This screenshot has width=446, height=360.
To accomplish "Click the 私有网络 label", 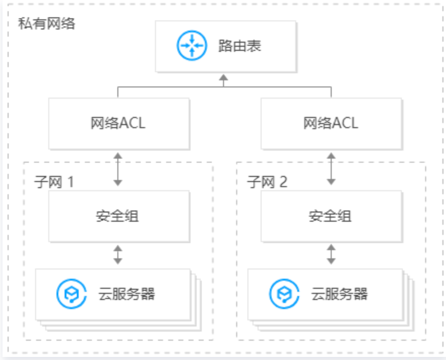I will pyautogui.click(x=46, y=23).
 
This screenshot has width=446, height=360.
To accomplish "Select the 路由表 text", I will pyautogui.click(x=239, y=46).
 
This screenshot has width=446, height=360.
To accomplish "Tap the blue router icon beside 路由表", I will pyautogui.click(x=191, y=46).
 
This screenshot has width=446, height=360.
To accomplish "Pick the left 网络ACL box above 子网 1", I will pyautogui.click(x=119, y=123).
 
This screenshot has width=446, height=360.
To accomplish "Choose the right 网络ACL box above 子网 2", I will pyautogui.click(x=331, y=123).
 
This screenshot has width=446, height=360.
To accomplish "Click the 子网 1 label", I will pyautogui.click(x=54, y=182).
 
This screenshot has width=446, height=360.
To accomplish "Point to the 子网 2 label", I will pyautogui.click(x=267, y=182).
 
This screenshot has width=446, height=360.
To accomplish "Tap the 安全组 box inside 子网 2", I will pyautogui.click(x=331, y=216).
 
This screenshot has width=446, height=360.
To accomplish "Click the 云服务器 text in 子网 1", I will pyautogui.click(x=126, y=294).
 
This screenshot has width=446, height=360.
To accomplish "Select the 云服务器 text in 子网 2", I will pyautogui.click(x=339, y=294).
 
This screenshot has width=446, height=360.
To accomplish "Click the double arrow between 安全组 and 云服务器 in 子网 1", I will pyautogui.click(x=118, y=254).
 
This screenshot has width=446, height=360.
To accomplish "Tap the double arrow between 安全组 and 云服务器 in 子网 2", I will pyautogui.click(x=331, y=254).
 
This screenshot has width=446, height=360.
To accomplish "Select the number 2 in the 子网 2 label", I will pyautogui.click(x=283, y=182).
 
